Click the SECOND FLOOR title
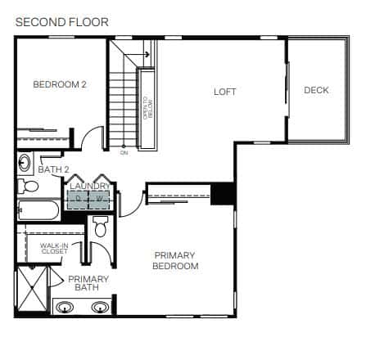(x=62, y=22)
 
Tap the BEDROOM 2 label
(x=60, y=84)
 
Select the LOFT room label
(x=224, y=92)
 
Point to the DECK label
(x=316, y=90)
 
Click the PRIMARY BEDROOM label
(x=175, y=261)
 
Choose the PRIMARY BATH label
(x=88, y=283)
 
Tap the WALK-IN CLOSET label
(x=54, y=249)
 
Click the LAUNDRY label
(x=90, y=187)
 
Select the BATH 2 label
(x=53, y=169)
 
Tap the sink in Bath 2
(x=25, y=163)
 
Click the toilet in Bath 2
(x=28, y=187)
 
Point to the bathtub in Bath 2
(x=38, y=210)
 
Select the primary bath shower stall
(x=33, y=289)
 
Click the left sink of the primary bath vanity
(x=65, y=308)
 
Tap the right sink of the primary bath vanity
(x=100, y=308)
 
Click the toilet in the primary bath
(x=100, y=226)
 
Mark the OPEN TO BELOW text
(x=148, y=108)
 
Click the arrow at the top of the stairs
(x=137, y=54)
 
